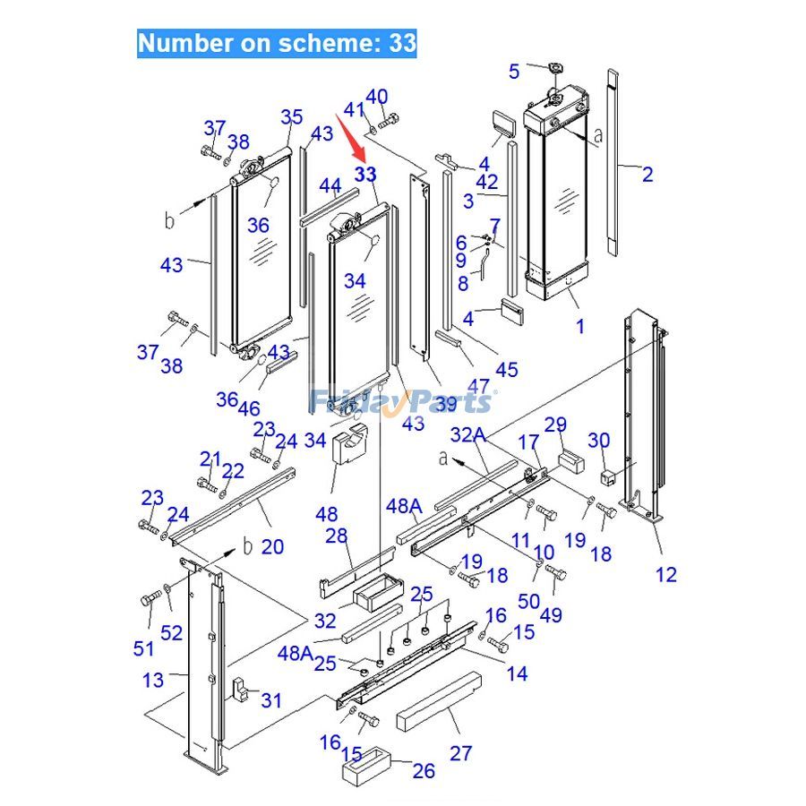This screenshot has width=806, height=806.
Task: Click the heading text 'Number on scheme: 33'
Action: pyautogui.click(x=277, y=43)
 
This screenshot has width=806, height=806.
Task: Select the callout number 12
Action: pyautogui.click(x=666, y=574)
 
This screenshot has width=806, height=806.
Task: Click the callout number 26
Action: pyautogui.click(x=423, y=770)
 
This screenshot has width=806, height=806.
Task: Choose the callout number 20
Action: pyautogui.click(x=272, y=546)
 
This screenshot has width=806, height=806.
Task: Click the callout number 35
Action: pyautogui.click(x=292, y=116)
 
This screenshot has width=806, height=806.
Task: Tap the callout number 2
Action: pyautogui.click(x=647, y=174)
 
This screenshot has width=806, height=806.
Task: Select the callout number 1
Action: pyautogui.click(x=579, y=326)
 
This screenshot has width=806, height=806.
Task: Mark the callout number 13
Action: pyautogui.click(x=153, y=680)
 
